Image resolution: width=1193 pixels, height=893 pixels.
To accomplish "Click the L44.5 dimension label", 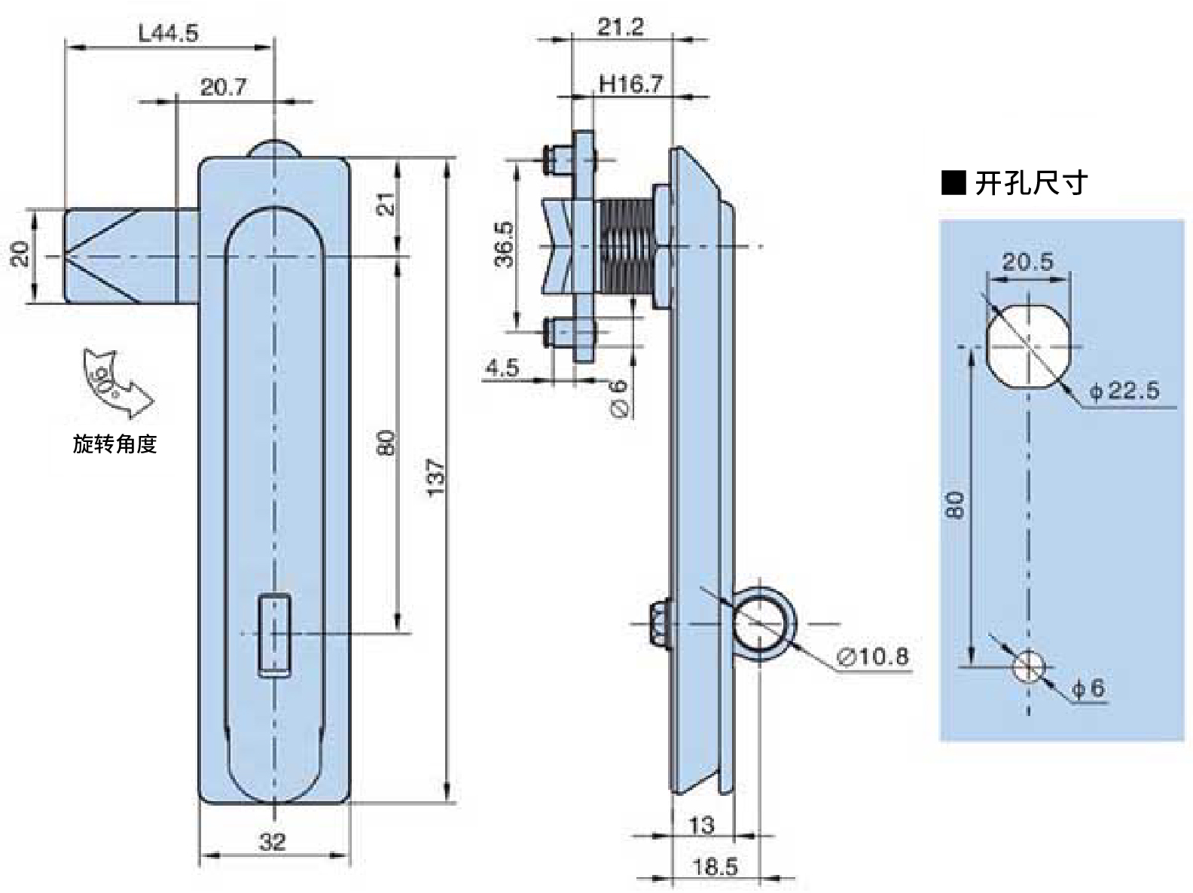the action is pyautogui.click(x=169, y=34).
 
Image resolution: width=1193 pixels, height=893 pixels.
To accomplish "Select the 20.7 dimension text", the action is pyautogui.click(x=224, y=87).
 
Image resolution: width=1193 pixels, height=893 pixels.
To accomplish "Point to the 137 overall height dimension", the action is pyautogui.click(x=436, y=477).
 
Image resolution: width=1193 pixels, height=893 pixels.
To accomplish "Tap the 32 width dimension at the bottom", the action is pyautogui.click(x=273, y=842).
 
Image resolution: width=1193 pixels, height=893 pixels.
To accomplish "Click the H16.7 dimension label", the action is pyautogui.click(x=630, y=84).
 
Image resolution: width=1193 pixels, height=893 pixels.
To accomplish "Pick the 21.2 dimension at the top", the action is pyautogui.click(x=620, y=27).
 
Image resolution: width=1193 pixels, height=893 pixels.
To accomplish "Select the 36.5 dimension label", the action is pyautogui.click(x=504, y=245).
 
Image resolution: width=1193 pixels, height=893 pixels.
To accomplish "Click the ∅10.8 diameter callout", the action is pyautogui.click(x=872, y=657).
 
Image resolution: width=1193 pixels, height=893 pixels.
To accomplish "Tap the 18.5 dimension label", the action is pyautogui.click(x=715, y=867).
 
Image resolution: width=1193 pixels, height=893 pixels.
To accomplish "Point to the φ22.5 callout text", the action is pyautogui.click(x=1124, y=391).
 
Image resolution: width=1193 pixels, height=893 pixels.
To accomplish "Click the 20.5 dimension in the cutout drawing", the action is pyautogui.click(x=1028, y=262).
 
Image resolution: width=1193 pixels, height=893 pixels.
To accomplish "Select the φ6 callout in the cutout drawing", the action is pyautogui.click(x=1089, y=688).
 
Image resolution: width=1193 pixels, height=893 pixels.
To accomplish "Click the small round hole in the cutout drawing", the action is pyautogui.click(x=1028, y=666).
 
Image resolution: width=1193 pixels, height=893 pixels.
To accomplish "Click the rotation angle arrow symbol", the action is pyautogui.click(x=117, y=383).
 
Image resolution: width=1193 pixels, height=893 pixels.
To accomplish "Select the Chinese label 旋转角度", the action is pyautogui.click(x=114, y=444).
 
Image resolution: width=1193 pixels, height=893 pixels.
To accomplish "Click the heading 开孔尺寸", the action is pyautogui.click(x=1031, y=183).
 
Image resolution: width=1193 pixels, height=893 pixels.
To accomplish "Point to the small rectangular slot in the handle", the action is pyautogui.click(x=274, y=635).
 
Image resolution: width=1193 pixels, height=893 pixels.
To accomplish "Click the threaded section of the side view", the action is pyautogui.click(x=627, y=246).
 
